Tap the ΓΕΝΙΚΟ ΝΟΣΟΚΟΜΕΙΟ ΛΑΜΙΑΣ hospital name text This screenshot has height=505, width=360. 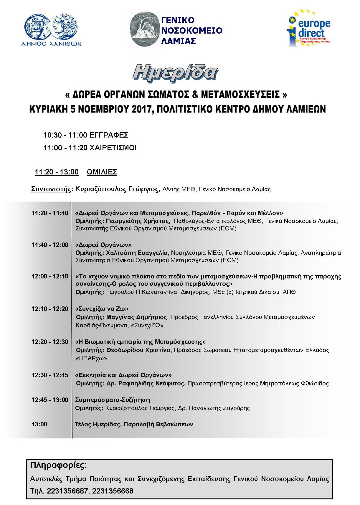(192, 30)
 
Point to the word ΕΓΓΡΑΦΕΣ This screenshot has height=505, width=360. (109, 135)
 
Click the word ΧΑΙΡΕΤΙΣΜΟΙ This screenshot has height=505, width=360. (113, 148)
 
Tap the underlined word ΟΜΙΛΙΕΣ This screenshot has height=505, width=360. (102, 172)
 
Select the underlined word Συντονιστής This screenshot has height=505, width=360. (51, 189)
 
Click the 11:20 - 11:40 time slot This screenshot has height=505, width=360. (50, 213)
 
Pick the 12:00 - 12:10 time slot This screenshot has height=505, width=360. (50, 276)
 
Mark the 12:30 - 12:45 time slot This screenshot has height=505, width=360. (50, 375)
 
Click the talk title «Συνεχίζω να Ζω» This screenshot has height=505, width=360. (102, 309)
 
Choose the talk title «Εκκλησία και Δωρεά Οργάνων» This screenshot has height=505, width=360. (123, 375)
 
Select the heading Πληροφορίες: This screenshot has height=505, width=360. (58, 466)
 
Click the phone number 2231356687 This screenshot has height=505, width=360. (67, 491)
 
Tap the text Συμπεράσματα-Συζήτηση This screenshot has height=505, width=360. (113, 400)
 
